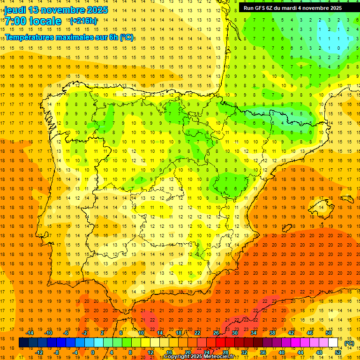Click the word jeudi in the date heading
(x=15, y=10)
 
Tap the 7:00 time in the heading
(x=15, y=21)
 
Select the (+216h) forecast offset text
(x=83, y=21)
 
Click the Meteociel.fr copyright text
(x=205, y=357)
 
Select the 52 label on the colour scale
(x=338, y=352)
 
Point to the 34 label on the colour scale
(x=254, y=333)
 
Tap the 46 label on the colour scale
(x=309, y=333)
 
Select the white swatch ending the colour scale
(x=333, y=343)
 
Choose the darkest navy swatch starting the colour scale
(x=23, y=343)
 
